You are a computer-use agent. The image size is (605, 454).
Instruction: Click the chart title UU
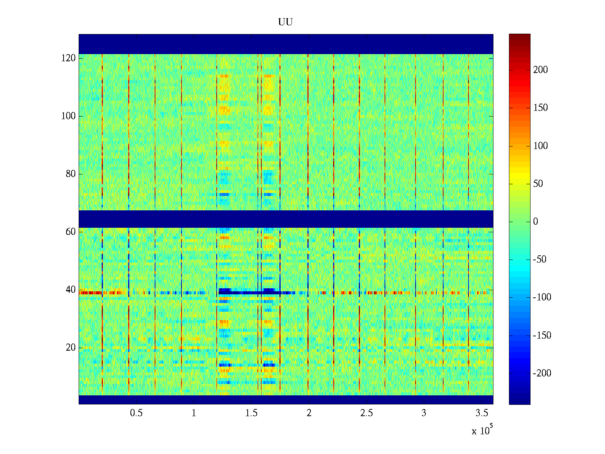pyautogui.click(x=285, y=22)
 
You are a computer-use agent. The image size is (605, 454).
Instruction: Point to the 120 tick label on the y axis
pyautogui.click(x=68, y=58)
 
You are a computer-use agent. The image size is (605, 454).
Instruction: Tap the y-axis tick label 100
pyautogui.click(x=68, y=116)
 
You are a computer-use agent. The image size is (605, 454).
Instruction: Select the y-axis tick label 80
pyautogui.click(x=71, y=174)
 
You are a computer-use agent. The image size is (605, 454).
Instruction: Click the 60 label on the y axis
pyautogui.click(x=71, y=232)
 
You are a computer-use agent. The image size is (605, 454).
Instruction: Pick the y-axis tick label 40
pyautogui.click(x=71, y=290)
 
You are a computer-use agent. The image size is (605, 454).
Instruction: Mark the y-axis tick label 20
pyautogui.click(x=71, y=348)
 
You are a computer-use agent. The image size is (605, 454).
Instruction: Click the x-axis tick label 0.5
pyautogui.click(x=136, y=413)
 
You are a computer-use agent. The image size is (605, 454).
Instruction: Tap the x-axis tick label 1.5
pyautogui.click(x=251, y=413)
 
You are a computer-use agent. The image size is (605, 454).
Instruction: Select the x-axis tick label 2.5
pyautogui.click(x=366, y=413)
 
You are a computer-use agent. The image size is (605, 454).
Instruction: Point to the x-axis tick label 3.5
pyautogui.click(x=482, y=413)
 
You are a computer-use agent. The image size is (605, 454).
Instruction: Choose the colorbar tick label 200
pyautogui.click(x=540, y=70)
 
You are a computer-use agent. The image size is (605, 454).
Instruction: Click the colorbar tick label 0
pyautogui.click(x=535, y=222)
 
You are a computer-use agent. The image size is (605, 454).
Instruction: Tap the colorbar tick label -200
pyautogui.click(x=542, y=373)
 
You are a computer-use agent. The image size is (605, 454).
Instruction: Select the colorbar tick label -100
pyautogui.click(x=542, y=297)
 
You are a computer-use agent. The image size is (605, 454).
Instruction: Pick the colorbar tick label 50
pyautogui.click(x=538, y=184)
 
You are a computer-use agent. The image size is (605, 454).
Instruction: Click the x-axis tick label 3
pyautogui.click(x=424, y=413)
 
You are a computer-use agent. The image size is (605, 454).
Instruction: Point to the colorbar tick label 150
pyautogui.click(x=540, y=108)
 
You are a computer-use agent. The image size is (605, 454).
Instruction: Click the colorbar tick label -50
pyautogui.click(x=540, y=260)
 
